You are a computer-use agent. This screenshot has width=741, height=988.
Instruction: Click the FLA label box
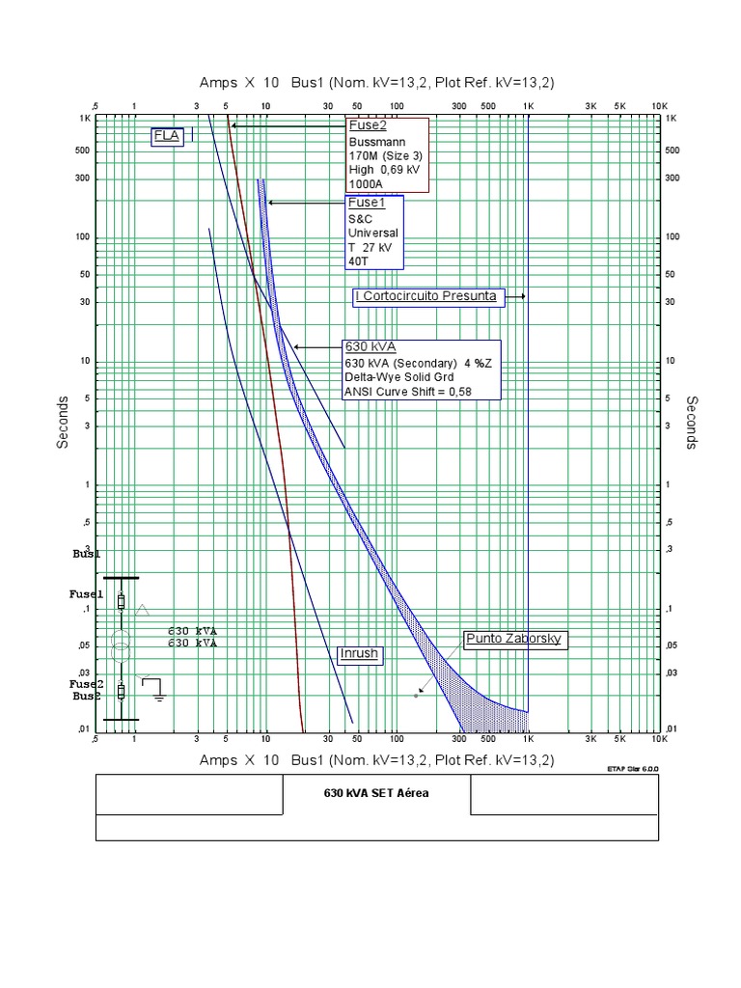[x=167, y=136]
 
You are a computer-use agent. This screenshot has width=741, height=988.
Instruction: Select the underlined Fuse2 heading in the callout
[x=367, y=125]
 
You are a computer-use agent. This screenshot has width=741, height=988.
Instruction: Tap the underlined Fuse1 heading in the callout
[x=366, y=203]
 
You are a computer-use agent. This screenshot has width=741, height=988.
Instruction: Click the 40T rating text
[x=359, y=261]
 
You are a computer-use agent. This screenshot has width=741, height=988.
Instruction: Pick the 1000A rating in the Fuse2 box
[x=365, y=184]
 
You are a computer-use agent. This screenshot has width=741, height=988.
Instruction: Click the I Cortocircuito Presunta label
[x=425, y=296]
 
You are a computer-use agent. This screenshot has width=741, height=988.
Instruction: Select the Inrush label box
[x=358, y=653]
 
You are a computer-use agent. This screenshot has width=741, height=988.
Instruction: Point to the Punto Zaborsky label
[x=512, y=639]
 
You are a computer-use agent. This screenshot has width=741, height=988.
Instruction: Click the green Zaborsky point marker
[x=417, y=695]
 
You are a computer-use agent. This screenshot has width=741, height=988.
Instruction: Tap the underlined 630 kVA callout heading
[x=370, y=346]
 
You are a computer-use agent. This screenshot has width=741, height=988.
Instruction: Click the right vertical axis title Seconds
[x=691, y=422]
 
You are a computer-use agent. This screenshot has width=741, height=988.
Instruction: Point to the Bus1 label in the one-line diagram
[x=86, y=556]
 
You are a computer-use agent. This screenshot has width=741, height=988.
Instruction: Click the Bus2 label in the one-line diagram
[x=86, y=696]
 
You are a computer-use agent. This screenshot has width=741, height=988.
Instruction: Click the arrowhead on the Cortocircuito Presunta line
[x=522, y=296]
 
